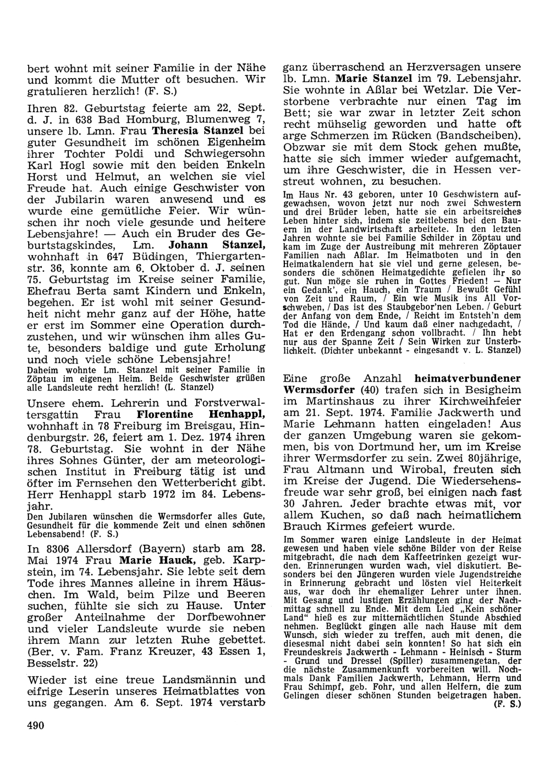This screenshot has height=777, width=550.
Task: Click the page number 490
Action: point(35,725)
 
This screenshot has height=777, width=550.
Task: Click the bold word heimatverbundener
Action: point(465,378)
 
